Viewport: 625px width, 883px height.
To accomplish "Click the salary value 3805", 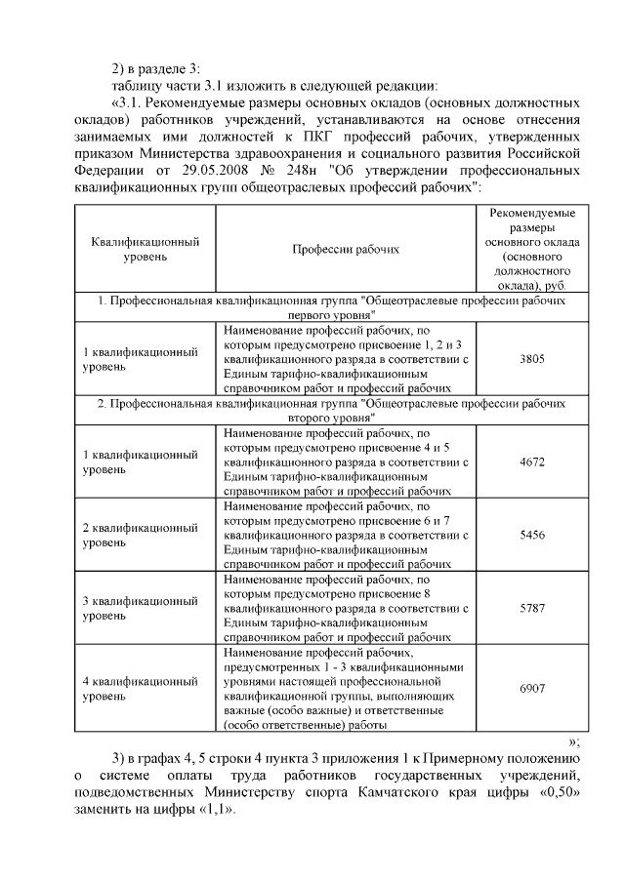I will click(533, 359).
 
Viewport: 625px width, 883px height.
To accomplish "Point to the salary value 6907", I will click(533, 687).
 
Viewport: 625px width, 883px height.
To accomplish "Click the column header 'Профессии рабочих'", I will click(347, 249).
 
